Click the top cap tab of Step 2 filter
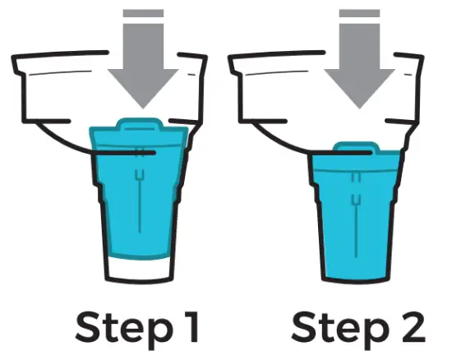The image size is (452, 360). point(353,149)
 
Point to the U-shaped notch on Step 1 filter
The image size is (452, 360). point(140,175)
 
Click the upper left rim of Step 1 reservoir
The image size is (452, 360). point(33,58)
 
